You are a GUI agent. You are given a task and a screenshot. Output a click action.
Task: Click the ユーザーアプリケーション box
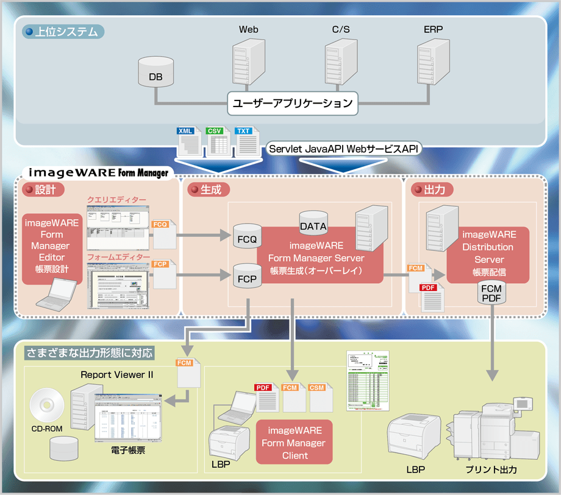[293, 104]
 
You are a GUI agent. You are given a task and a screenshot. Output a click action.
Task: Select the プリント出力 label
[491, 470]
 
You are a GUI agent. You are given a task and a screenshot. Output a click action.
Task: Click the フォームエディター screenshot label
[118, 258]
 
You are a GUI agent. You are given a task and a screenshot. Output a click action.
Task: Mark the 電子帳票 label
[127, 451]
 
